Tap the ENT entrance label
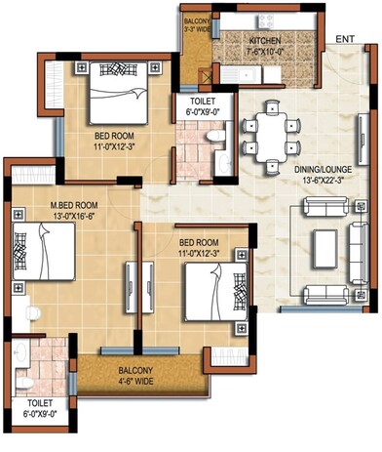(345, 38)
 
